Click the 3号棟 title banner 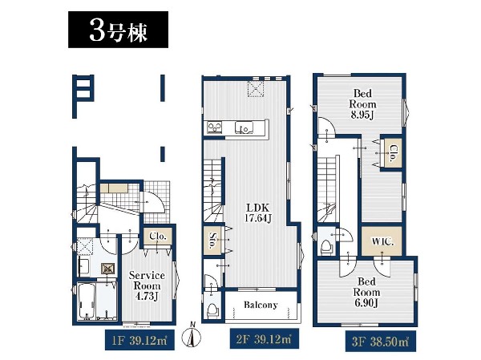(118, 30)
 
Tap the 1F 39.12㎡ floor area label (139, 340)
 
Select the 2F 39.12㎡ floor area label (264, 339)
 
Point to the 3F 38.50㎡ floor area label (380, 342)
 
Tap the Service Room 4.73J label (147, 285)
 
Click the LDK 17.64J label (257, 212)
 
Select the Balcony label (261, 305)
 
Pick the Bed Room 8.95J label (362, 103)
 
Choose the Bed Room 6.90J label (366, 292)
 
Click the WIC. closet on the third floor (382, 241)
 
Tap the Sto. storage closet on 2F (212, 241)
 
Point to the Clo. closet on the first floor (158, 237)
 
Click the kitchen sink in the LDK (245, 127)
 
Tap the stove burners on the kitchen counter (214, 127)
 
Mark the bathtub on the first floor (87, 301)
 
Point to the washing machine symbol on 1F (108, 269)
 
